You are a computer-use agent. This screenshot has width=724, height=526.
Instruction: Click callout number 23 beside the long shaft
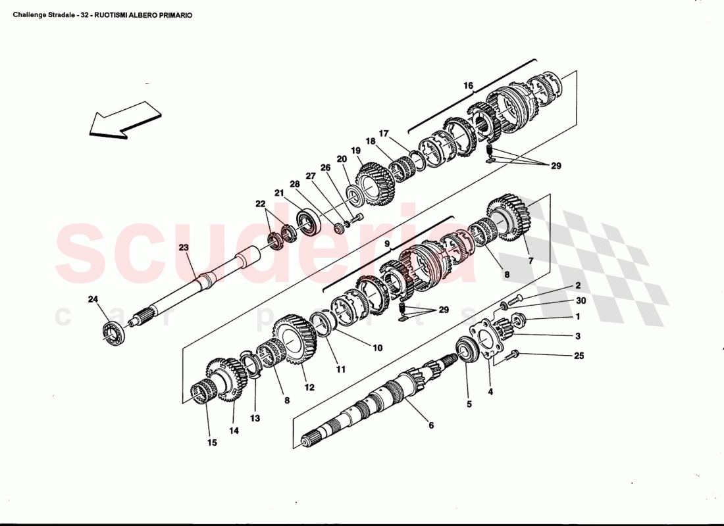coord(183,248)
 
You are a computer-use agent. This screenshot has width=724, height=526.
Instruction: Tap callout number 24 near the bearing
coord(93,300)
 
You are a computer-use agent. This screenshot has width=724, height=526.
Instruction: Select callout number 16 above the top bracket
coord(469,85)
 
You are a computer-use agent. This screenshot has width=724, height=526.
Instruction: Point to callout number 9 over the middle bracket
coord(388,244)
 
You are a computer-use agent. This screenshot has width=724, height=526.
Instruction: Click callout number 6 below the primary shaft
coord(431,425)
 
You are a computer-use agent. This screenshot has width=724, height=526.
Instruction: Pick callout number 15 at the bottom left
coord(212,442)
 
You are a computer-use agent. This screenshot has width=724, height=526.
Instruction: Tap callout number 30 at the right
coord(580,301)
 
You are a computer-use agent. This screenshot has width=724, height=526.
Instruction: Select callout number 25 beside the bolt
coord(579,356)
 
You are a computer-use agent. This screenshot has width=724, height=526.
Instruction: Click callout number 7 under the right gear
coord(530,261)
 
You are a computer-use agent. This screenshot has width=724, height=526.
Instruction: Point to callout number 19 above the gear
coord(355,151)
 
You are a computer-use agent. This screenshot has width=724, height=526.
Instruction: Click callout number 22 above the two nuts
coord(261,203)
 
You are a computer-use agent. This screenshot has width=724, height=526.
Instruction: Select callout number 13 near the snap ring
coord(255,418)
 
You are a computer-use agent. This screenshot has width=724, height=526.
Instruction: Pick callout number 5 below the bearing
coord(469,404)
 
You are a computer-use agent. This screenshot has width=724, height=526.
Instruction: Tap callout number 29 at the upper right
coord(556,166)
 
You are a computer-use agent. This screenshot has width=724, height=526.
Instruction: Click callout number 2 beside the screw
coord(578,285)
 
